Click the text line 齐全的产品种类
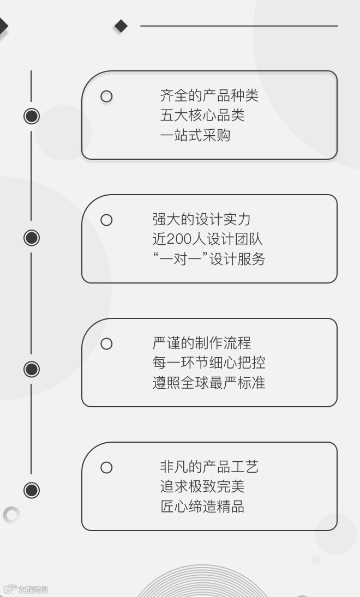(209, 96)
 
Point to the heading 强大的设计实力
(201, 220)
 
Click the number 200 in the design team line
(178, 239)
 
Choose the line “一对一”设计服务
(208, 259)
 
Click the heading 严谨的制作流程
(201, 343)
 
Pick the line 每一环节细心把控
(208, 363)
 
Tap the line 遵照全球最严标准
(208, 383)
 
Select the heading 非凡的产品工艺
(209, 467)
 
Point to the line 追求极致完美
(202, 487)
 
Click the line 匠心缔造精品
(202, 506)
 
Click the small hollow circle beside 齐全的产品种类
(106, 97)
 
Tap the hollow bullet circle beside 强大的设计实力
(106, 220)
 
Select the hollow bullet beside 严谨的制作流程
(106, 344)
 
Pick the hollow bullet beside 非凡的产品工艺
(106, 468)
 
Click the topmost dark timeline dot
(32, 116)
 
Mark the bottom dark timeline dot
(32, 490)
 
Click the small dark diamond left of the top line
(121, 26)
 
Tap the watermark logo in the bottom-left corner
(25, 589)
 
